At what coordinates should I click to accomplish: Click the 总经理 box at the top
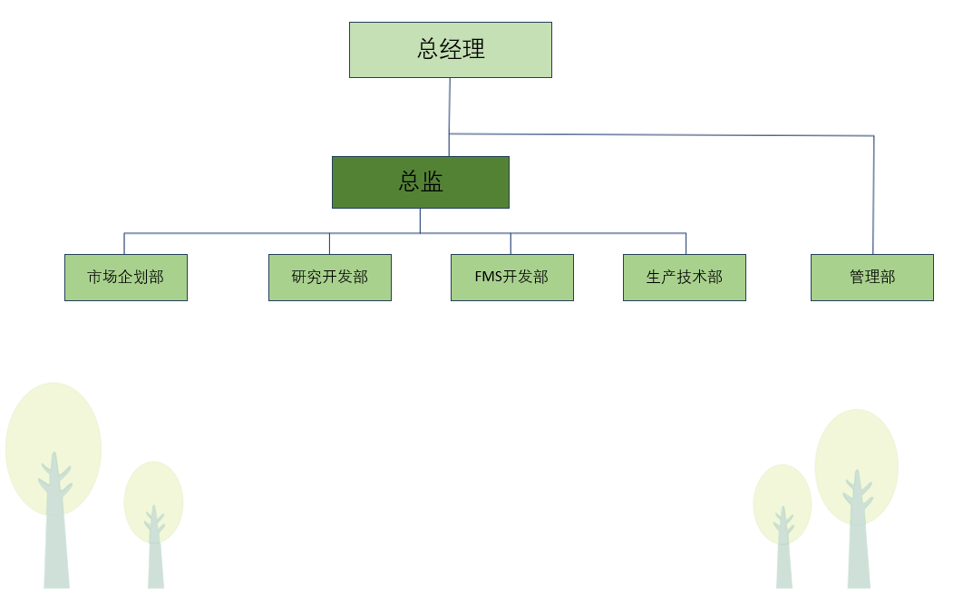(450, 50)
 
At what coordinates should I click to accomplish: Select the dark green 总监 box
(420, 182)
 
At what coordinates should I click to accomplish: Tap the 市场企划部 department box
(125, 278)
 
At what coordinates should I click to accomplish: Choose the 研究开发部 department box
(329, 278)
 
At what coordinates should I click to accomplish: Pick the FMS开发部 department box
(511, 278)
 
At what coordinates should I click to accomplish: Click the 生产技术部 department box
(684, 278)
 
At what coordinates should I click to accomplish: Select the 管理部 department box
(871, 278)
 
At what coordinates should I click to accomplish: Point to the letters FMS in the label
(489, 278)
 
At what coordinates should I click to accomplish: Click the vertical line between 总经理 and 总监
(450, 107)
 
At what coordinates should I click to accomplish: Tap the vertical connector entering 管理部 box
(873, 200)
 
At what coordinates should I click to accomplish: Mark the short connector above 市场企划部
(124, 244)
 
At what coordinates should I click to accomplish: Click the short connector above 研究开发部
(329, 244)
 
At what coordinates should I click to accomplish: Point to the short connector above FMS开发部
(511, 244)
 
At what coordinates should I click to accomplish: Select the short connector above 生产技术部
(686, 244)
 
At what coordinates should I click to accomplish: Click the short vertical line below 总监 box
(420, 220)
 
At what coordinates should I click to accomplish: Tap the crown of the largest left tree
(53, 426)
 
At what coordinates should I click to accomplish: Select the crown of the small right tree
(782, 494)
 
